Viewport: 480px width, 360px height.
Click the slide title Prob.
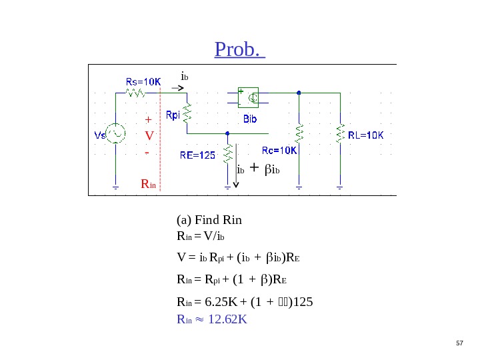[239, 49]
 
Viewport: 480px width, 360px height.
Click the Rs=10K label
[143, 81]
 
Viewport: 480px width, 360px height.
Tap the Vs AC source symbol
[117, 134]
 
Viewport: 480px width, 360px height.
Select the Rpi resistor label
[173, 115]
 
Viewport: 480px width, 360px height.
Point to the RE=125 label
[198, 155]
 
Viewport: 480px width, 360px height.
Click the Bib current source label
[250, 119]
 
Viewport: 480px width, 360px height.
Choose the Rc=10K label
[279, 151]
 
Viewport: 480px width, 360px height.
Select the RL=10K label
[367, 135]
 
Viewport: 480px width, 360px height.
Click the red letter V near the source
[149, 136]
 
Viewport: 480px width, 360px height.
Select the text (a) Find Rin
[209, 220]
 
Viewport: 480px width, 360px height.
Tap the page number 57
[459, 343]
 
